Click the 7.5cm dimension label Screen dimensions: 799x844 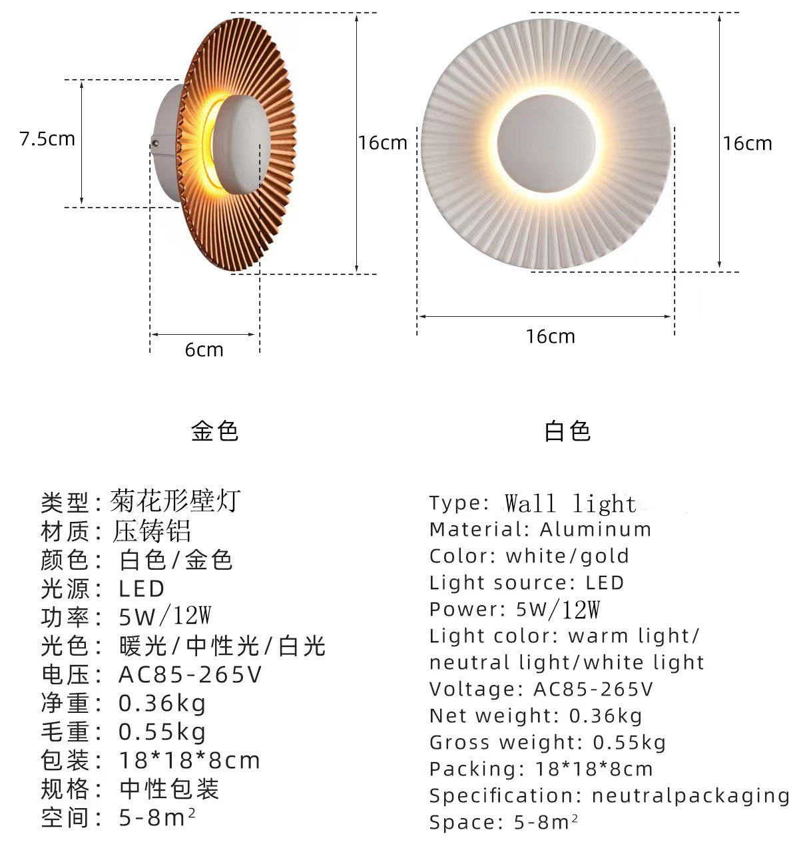click(x=47, y=139)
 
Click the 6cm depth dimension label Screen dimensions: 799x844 click(x=204, y=350)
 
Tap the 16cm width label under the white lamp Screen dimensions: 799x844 click(x=550, y=337)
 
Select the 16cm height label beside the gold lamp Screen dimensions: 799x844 click(x=382, y=143)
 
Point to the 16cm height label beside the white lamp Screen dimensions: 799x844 click(x=747, y=144)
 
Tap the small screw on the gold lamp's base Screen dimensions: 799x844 click(x=156, y=142)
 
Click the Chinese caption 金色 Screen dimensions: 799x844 click(x=214, y=431)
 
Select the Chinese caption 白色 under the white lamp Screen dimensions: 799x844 click(x=567, y=431)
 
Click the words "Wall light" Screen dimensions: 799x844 click(x=570, y=504)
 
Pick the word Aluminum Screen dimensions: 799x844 click(x=595, y=530)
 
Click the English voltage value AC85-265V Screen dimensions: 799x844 click(x=593, y=689)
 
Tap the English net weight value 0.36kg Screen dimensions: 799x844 click(x=606, y=716)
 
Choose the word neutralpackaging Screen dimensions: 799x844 click(x=690, y=795)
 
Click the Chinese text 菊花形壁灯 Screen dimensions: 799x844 click(x=174, y=501)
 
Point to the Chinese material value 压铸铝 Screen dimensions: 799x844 click(x=152, y=531)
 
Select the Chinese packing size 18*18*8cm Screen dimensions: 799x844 click(x=189, y=760)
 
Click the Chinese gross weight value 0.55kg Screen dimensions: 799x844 click(x=162, y=732)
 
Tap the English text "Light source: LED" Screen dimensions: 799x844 click(x=527, y=583)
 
